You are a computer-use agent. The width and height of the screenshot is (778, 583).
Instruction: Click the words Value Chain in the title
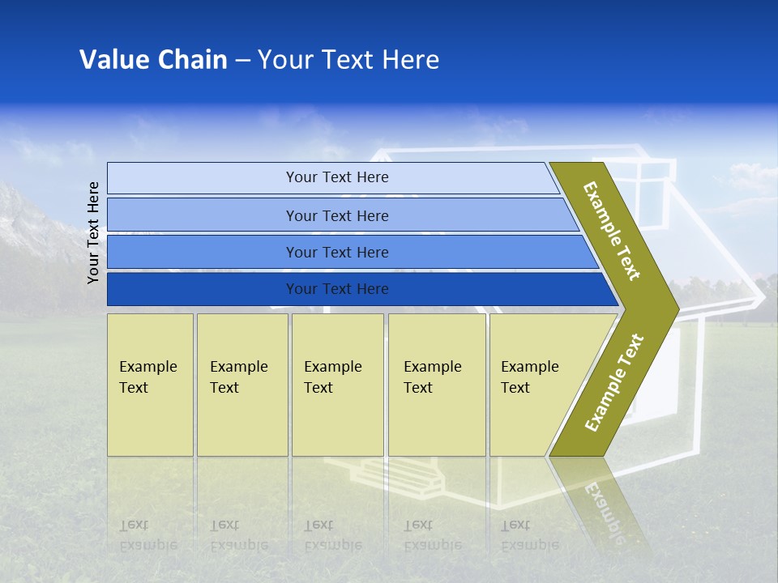coord(153,60)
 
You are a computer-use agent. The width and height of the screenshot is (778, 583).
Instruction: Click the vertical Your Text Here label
coord(93,232)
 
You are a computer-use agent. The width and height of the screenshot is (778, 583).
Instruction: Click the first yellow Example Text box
coord(150,385)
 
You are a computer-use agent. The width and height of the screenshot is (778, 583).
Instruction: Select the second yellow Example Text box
coord(242,385)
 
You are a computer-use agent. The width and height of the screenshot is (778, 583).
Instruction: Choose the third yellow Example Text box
coord(337,385)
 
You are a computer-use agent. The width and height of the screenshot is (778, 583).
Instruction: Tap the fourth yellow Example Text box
coord(437,385)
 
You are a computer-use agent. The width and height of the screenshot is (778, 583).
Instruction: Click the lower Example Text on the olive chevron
coord(614,382)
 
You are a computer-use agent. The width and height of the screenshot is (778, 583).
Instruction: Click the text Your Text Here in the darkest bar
coord(337,289)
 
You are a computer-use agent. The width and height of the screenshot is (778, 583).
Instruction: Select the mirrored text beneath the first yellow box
coord(147,534)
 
